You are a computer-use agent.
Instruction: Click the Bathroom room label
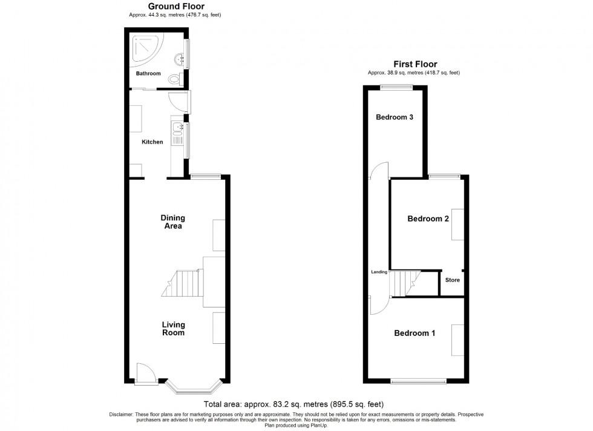[148, 74]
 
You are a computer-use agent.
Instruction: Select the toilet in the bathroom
[175, 78]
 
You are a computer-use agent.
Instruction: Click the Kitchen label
[152, 142]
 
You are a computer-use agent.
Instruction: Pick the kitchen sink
[178, 128]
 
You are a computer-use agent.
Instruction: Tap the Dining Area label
[172, 222]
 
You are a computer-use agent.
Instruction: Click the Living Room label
[173, 329]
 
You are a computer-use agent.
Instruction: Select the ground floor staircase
[183, 283]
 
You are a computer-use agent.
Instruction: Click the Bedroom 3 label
[394, 117]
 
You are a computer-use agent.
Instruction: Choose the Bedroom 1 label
[414, 333]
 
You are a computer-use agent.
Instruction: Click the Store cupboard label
[453, 280]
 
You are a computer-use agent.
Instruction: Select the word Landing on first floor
[379, 272]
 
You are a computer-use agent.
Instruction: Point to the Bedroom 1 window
[419, 381]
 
